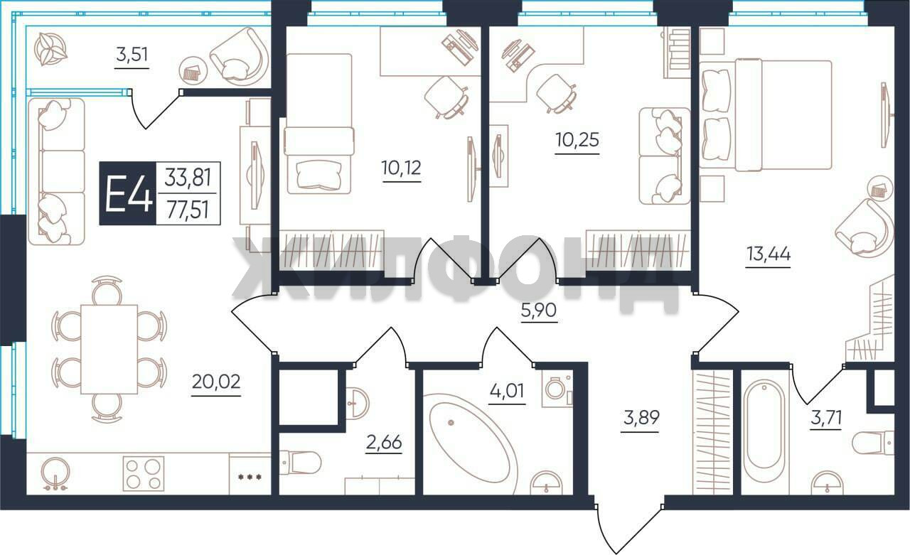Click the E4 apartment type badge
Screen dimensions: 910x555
(127, 193)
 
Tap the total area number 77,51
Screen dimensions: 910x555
(188, 210)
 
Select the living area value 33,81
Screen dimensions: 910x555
(188, 178)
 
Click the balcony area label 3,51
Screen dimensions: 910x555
(132, 55)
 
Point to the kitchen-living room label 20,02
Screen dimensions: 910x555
(216, 382)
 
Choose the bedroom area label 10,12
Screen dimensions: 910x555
(402, 168)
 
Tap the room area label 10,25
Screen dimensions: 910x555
(577, 140)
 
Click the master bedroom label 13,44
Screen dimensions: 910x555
(769, 254)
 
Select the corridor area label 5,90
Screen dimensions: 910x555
(539, 310)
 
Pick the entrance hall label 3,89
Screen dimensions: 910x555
(641, 418)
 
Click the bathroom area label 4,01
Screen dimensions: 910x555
(507, 391)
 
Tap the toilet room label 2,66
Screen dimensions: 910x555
(384, 442)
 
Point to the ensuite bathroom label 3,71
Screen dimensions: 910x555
(826, 417)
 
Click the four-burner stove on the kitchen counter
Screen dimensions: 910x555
(144, 473)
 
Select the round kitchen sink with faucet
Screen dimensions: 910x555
(55, 474)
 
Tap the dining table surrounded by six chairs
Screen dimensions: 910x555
(109, 350)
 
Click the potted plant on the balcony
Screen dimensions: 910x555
(50, 49)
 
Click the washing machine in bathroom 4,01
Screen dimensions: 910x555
(557, 389)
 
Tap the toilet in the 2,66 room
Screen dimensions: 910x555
(300, 462)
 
